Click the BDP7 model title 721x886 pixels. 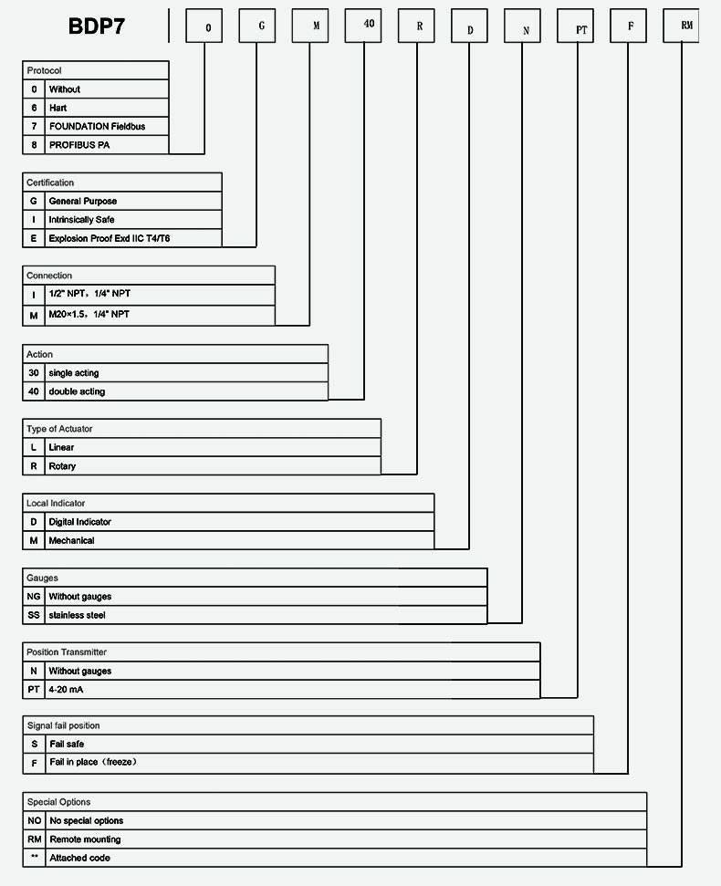[x=97, y=26]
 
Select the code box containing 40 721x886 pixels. [x=363, y=26]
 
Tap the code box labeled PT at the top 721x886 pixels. [x=576, y=26]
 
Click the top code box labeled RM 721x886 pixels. [x=682, y=26]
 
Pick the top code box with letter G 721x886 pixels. [x=257, y=26]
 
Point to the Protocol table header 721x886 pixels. [x=44, y=70]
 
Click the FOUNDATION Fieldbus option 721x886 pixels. [x=97, y=126]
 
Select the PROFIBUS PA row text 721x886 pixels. [x=79, y=145]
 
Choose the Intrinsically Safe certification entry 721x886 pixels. [x=82, y=220]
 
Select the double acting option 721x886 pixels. [x=77, y=391]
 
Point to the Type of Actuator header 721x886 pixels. [x=59, y=429]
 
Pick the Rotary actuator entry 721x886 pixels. [x=62, y=466]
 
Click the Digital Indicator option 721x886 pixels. [x=80, y=522]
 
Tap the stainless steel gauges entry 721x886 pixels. [x=77, y=615]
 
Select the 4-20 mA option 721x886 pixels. [x=67, y=690]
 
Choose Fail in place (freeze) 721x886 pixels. [x=94, y=762]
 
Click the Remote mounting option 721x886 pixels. [x=85, y=839]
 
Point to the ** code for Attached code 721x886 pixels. [x=35, y=857]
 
